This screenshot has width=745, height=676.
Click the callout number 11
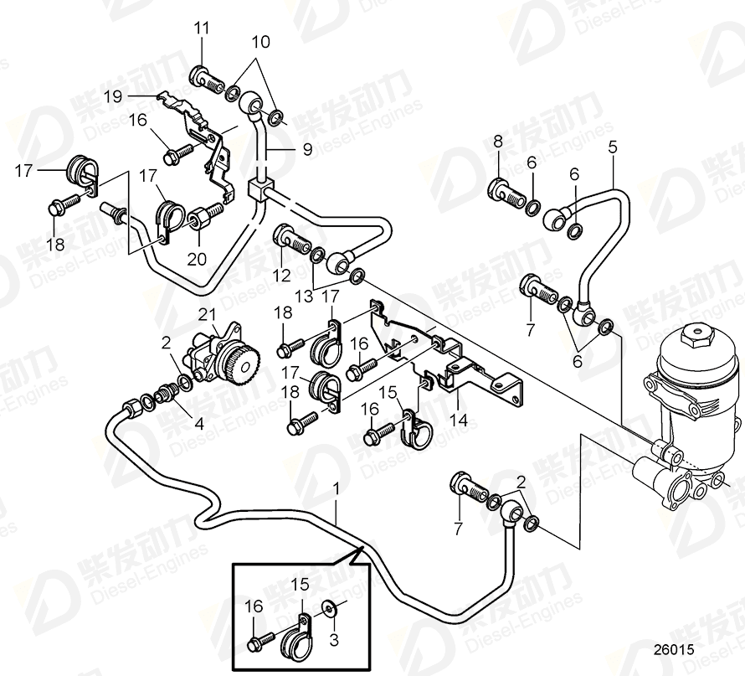click(x=201, y=29)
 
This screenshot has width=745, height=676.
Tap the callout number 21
click(x=206, y=314)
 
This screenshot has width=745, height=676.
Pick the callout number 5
click(x=613, y=145)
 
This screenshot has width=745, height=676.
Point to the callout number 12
click(x=280, y=275)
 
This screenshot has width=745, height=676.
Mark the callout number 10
click(x=261, y=41)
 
